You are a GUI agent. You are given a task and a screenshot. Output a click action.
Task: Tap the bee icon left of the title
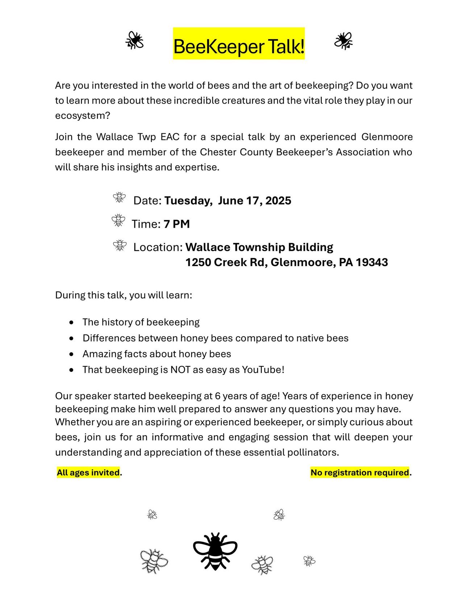(x=134, y=40)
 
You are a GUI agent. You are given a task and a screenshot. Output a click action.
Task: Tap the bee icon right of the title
(x=343, y=41)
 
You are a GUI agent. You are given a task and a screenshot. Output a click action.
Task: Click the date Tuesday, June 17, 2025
(x=227, y=200)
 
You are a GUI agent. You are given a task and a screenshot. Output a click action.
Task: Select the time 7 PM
(x=176, y=224)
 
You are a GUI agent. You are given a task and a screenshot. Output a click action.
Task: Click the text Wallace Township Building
(x=259, y=247)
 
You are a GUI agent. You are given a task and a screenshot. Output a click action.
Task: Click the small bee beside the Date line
(x=119, y=198)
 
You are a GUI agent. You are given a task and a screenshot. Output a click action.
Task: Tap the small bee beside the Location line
(x=120, y=245)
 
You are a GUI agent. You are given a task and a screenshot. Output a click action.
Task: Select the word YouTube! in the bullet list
(x=263, y=370)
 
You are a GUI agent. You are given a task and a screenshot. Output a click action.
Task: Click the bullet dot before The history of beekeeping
(x=72, y=322)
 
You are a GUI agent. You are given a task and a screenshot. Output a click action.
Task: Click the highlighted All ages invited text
(x=88, y=473)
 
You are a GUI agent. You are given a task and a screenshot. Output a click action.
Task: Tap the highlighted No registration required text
(x=360, y=473)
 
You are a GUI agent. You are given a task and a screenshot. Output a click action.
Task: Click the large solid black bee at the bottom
(x=215, y=551)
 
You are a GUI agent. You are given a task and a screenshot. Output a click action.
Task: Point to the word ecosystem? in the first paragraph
(x=83, y=116)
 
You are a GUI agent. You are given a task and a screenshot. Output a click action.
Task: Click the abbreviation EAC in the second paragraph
(x=170, y=137)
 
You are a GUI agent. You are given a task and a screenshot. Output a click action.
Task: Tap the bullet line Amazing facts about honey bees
(x=156, y=354)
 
